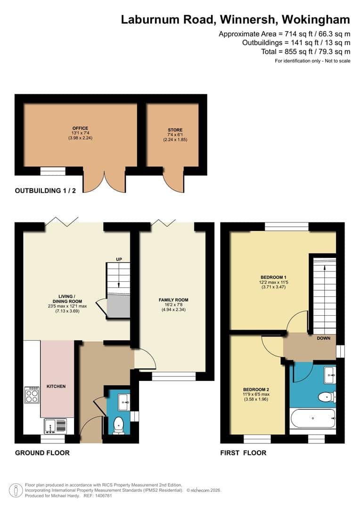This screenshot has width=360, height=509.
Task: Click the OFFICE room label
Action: click(80, 128)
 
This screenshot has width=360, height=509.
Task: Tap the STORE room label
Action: click(175, 130)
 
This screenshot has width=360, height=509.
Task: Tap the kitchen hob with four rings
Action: click(32, 395)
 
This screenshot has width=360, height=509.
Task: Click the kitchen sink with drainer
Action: click(55, 426)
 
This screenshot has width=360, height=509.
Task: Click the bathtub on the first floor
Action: click(312, 418)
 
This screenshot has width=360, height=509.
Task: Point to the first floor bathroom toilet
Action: click(327, 397)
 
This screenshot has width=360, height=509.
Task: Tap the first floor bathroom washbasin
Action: click(330, 375)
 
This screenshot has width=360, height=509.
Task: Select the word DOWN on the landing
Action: click(324, 338)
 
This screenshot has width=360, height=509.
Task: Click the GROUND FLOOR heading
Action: click(42, 453)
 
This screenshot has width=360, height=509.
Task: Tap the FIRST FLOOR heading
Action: click(243, 453)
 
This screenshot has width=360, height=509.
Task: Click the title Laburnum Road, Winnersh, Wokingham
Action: click(236, 19)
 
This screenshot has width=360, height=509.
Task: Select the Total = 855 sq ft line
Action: click(306, 51)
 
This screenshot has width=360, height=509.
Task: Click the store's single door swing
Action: click(174, 182)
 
